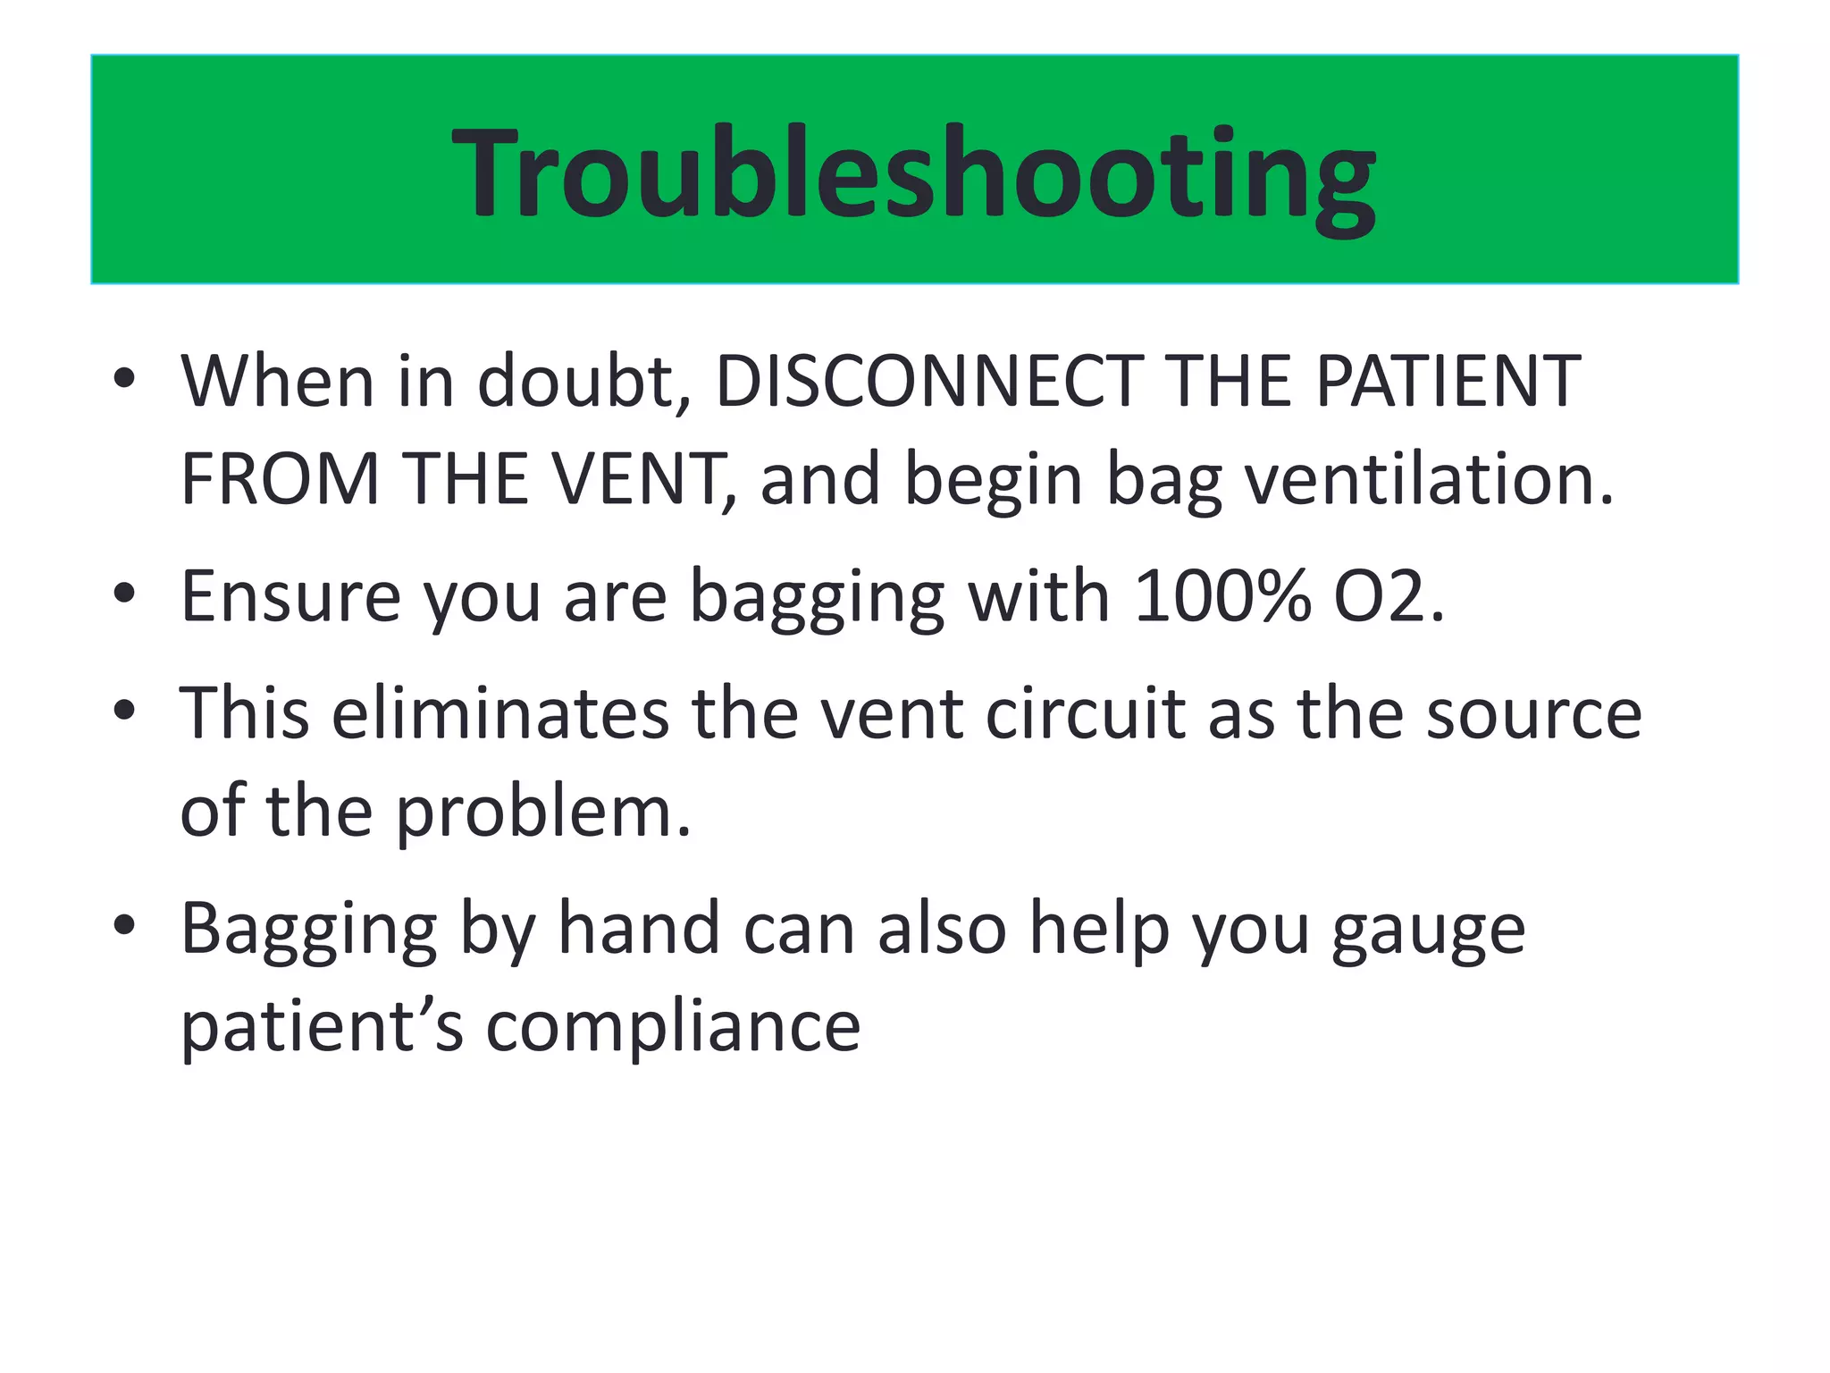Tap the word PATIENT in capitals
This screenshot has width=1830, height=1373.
(x=1448, y=382)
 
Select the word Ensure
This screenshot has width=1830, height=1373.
(x=290, y=596)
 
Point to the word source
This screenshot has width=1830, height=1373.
(x=1533, y=715)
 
